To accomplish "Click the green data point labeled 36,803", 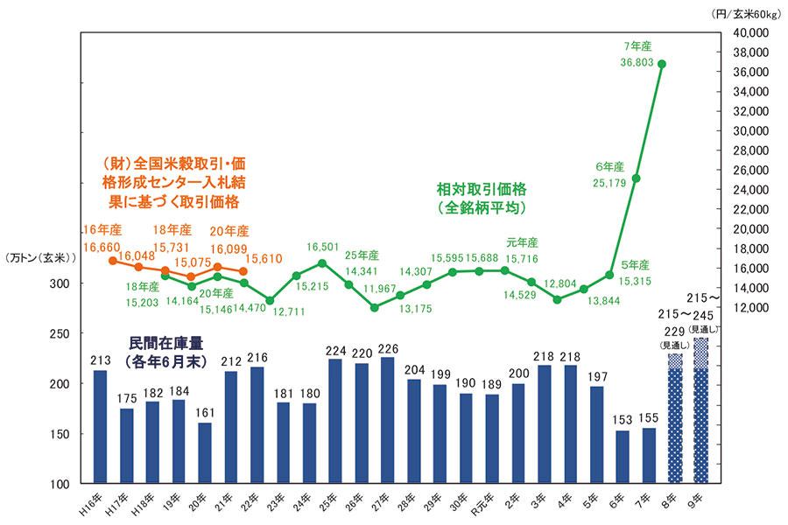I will [662, 64].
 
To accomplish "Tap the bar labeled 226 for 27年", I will [386, 420].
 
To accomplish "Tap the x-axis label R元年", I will [492, 503].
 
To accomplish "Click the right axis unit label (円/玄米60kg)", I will [747, 13].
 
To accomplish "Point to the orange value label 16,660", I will [103, 248].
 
